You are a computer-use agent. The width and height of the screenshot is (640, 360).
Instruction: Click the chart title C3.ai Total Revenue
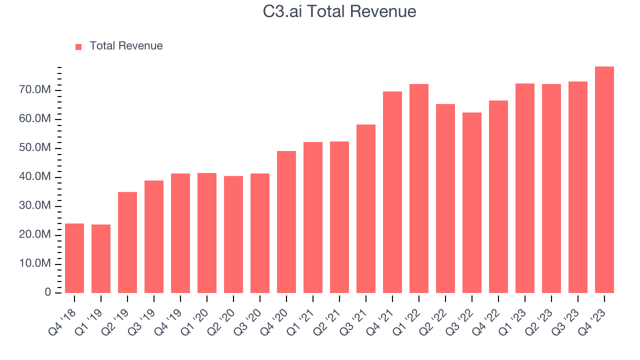[339, 11]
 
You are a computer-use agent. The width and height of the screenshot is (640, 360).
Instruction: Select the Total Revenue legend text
[126, 46]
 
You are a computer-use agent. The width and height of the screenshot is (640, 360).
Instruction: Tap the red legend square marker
[78, 46]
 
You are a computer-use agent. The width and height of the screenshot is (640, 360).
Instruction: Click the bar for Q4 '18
[74, 258]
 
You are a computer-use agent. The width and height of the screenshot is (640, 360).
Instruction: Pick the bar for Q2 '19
[127, 242]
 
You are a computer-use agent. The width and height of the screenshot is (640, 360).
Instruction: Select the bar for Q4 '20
[286, 222]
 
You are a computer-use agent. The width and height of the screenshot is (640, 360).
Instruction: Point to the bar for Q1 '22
[419, 188]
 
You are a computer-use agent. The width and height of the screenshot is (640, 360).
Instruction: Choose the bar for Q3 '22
[472, 202]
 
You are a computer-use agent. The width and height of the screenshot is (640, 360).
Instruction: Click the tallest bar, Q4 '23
[604, 180]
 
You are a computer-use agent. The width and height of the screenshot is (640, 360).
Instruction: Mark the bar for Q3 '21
[366, 208]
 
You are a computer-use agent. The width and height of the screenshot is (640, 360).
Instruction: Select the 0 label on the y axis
[48, 292]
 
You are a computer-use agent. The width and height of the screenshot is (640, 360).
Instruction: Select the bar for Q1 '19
[101, 258]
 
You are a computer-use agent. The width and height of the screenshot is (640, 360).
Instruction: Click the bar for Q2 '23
[551, 188]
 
